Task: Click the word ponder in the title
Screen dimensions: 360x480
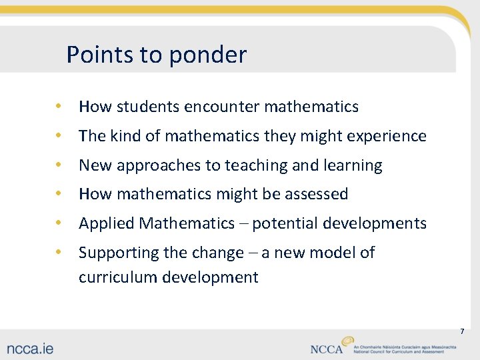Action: coord(208,55)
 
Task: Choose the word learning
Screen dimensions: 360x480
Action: coord(352,166)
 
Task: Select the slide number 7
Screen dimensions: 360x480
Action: coord(461,331)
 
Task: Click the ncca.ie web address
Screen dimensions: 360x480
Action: coord(31,348)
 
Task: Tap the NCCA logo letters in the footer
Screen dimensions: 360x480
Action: coord(326,349)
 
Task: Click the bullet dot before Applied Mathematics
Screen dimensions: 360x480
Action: coord(59,223)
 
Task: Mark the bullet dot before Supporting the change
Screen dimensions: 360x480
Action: coord(59,252)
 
